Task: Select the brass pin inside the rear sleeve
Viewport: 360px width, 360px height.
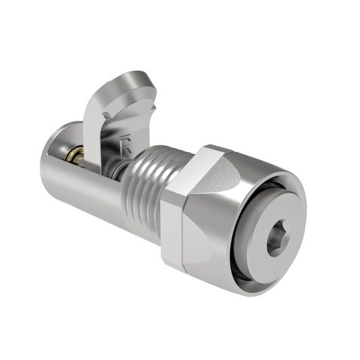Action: [79, 159]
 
